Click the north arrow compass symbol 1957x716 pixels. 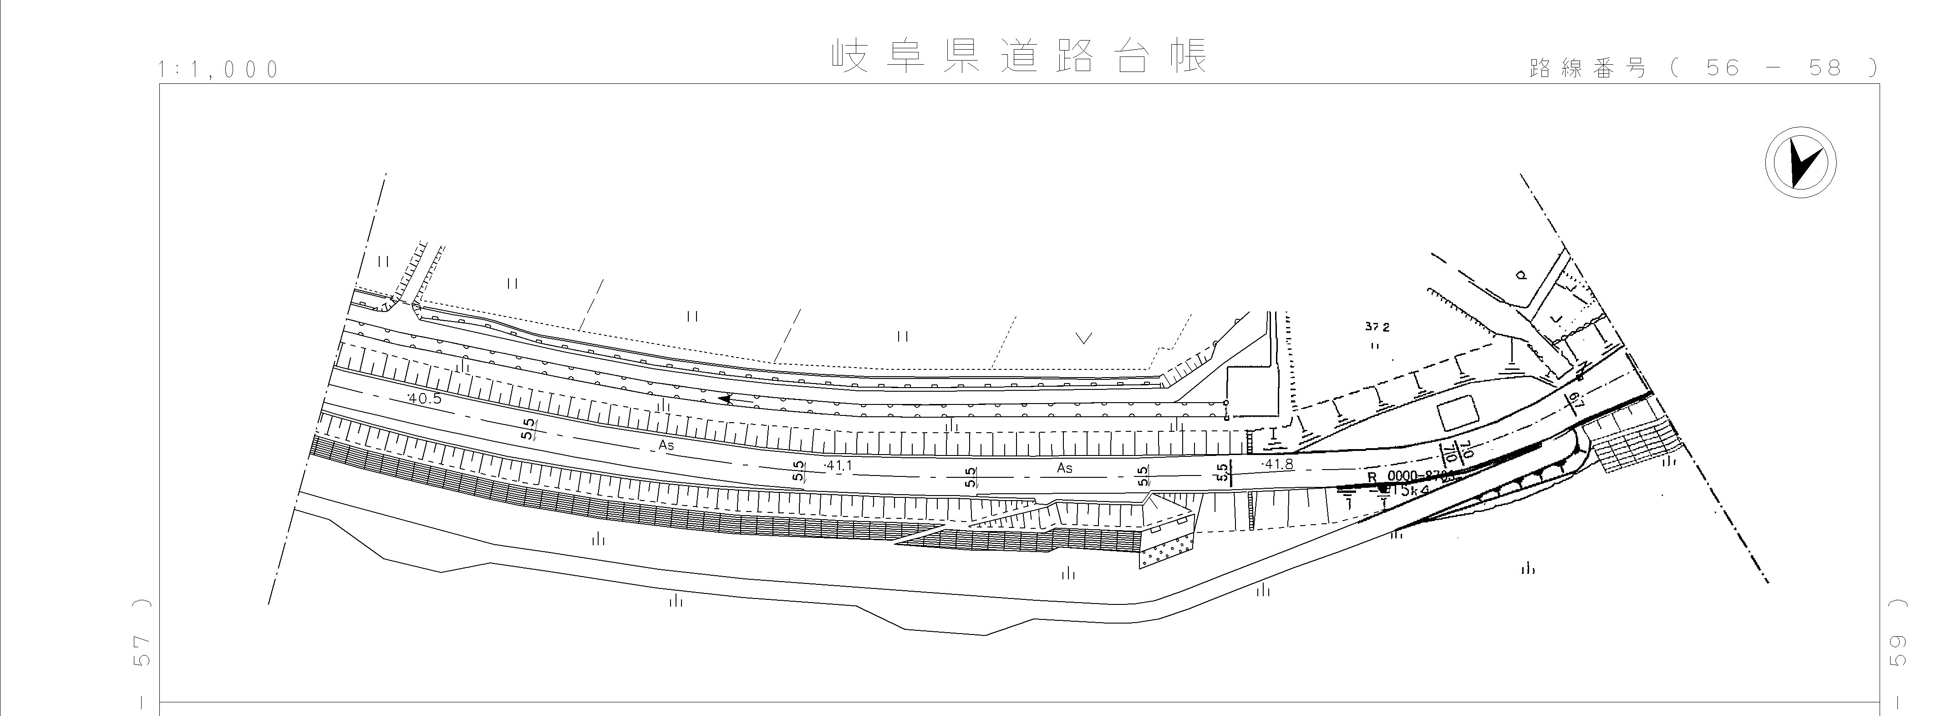point(1800,164)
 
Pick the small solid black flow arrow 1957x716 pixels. point(728,398)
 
